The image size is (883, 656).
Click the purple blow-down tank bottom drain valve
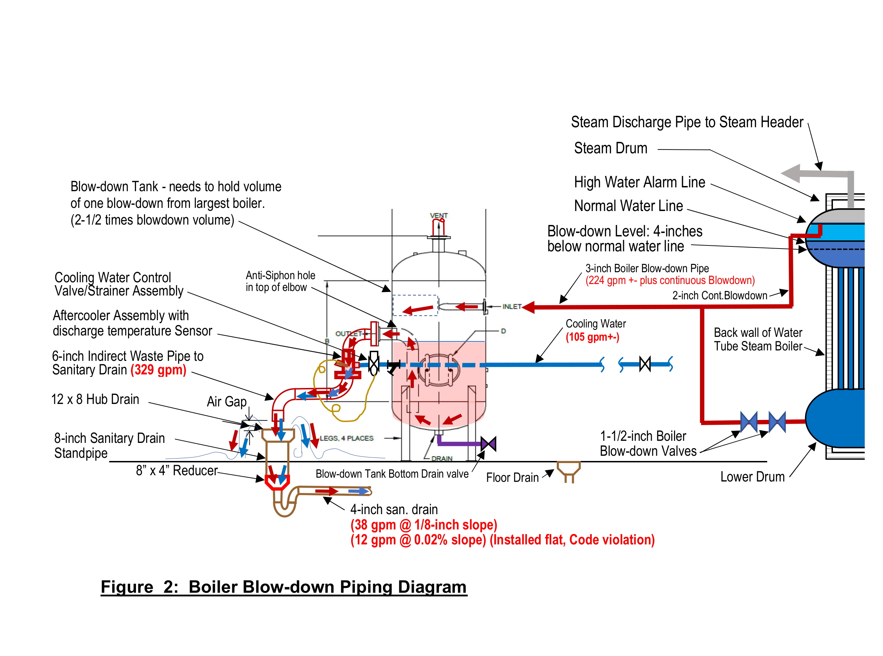[x=488, y=444]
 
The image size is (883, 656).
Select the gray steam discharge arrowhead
[x=790, y=173]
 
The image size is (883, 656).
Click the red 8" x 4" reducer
[x=277, y=482]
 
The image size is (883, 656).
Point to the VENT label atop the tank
[x=439, y=216]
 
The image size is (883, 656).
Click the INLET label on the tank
[x=512, y=307]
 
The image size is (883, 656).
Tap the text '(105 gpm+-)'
[x=592, y=337]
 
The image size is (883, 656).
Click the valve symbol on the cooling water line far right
[x=645, y=364]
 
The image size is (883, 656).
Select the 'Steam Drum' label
[x=610, y=148]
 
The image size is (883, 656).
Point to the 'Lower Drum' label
[x=752, y=477]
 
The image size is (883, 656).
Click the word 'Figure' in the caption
[x=127, y=587]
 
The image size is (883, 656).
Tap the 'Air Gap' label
[x=226, y=402]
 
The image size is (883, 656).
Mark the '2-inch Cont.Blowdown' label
[x=719, y=295]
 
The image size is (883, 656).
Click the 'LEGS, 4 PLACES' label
[x=346, y=438]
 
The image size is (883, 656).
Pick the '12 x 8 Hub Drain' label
[x=95, y=399]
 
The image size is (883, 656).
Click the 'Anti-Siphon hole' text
[x=280, y=275]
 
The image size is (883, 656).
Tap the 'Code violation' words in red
[x=612, y=540]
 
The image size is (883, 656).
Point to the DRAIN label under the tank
[x=442, y=458]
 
